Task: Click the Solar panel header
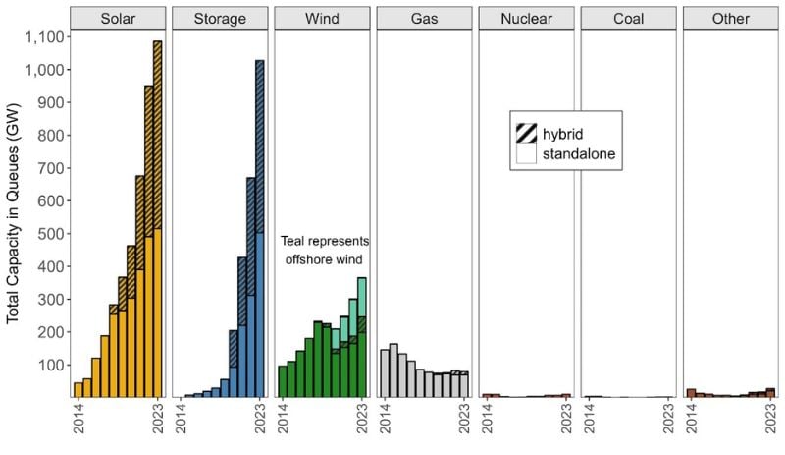pyautogui.click(x=118, y=18)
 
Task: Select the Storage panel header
pyautogui.click(x=220, y=18)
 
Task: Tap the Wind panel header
pyautogui.click(x=322, y=18)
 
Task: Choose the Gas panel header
pyautogui.click(x=424, y=18)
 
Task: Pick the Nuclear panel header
pyautogui.click(x=526, y=18)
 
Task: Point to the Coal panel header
pyautogui.click(x=628, y=18)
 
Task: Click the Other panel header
pyautogui.click(x=730, y=18)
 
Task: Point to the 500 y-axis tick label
pyautogui.click(x=50, y=234)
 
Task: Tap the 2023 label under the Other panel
pyautogui.click(x=769, y=419)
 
